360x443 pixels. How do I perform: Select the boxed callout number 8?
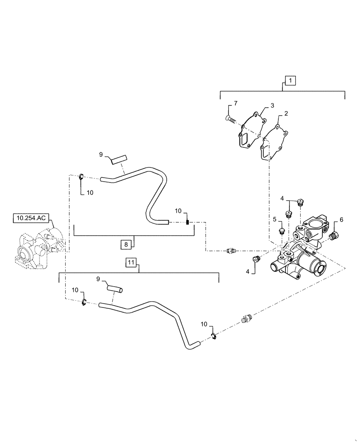click(126, 244)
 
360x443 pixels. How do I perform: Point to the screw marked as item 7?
click(229, 118)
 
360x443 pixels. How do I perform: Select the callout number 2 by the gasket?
click(286, 113)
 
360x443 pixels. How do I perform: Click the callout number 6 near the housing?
click(341, 219)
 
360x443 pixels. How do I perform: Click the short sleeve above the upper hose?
click(118, 159)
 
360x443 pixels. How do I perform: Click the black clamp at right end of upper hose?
click(187, 222)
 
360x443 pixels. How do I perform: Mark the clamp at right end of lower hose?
click(213, 338)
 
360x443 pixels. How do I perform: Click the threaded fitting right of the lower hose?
click(249, 319)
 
